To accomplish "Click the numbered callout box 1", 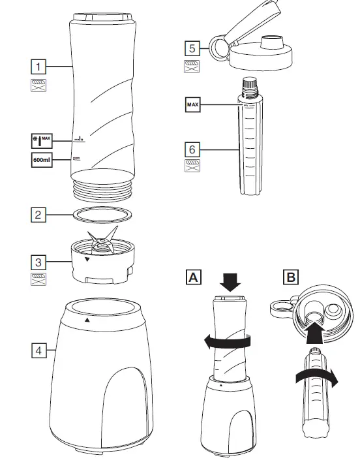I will [x=40, y=66].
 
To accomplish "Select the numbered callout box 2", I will [x=40, y=214].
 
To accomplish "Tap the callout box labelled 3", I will [x=40, y=262].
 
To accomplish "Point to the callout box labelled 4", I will [x=40, y=351].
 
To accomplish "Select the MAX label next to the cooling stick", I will [x=192, y=104].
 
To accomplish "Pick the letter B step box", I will [x=290, y=277].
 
